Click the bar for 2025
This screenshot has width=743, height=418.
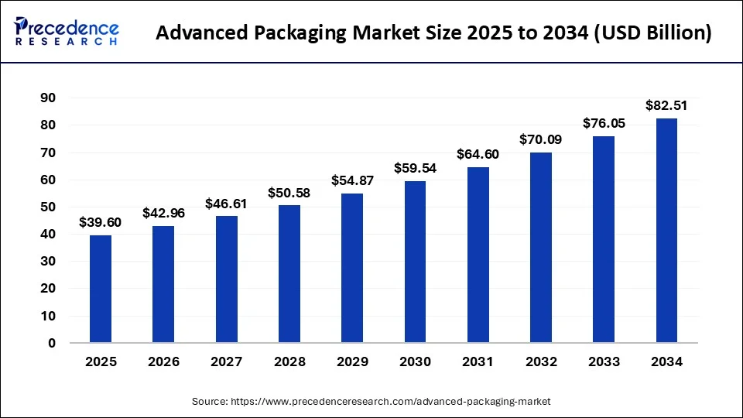point(101,289)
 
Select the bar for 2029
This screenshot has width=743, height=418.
point(352,268)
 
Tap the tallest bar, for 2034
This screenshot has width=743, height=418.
point(666,231)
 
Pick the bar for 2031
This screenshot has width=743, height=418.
point(478,255)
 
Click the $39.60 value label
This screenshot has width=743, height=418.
point(101,223)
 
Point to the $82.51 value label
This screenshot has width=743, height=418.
point(666,106)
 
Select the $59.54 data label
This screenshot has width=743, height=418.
point(415,167)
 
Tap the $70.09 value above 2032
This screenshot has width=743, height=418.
point(541,140)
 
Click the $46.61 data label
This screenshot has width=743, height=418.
point(226,204)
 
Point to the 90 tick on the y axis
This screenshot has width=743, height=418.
point(47,98)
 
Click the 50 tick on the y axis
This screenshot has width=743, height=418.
point(47,207)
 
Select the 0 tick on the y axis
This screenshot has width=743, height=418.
point(51,343)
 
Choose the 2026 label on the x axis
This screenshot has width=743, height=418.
point(163,361)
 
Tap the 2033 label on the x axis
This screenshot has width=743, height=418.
point(604,361)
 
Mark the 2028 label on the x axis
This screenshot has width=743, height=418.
point(289,361)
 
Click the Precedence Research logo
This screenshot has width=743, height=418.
point(67,32)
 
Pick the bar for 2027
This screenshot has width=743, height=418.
point(226,279)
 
